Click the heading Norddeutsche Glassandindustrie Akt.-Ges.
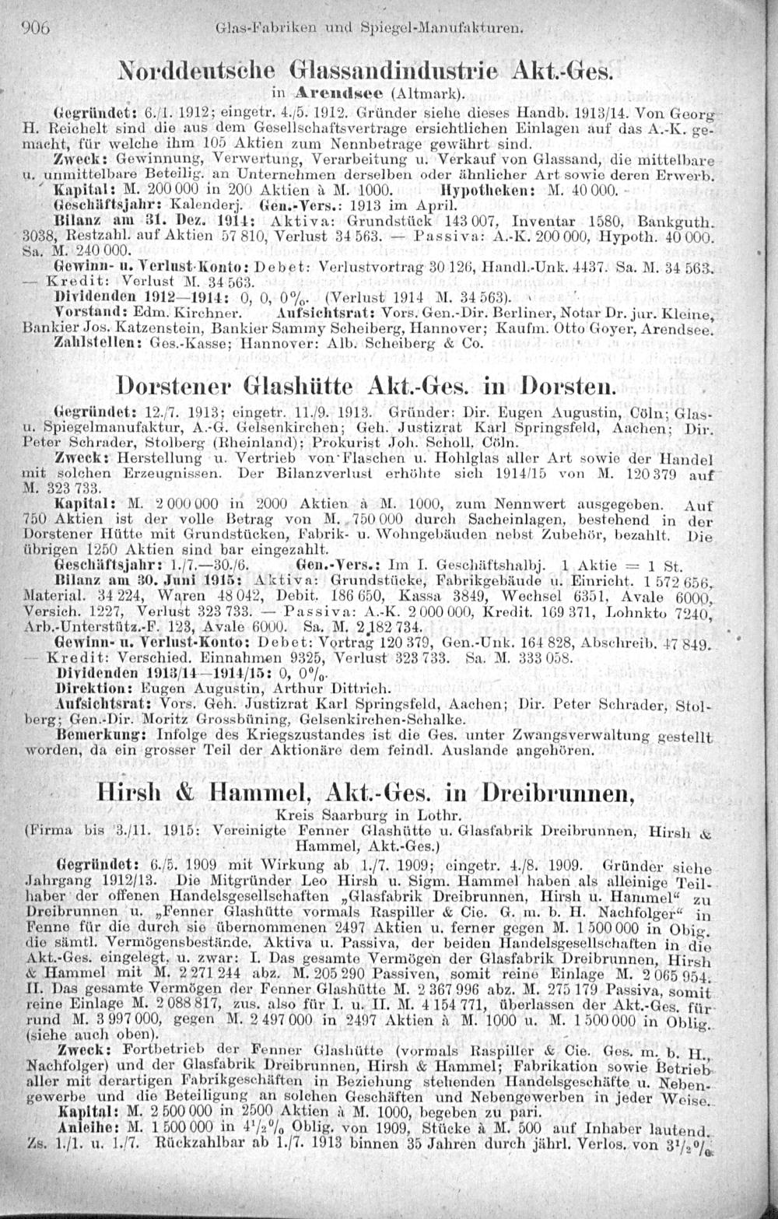pyautogui.click(x=366, y=70)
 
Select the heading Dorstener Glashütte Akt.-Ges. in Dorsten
pyautogui.click(x=366, y=386)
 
